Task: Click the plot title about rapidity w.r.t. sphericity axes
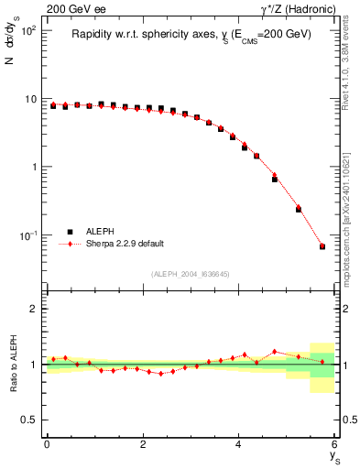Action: click(191, 34)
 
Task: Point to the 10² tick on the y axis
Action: click(28, 30)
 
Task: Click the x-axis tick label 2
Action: click(143, 444)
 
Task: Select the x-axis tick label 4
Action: click(239, 444)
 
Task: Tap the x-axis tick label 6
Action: click(334, 444)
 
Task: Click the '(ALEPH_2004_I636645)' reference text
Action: click(191, 272)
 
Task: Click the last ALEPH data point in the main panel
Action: click(322, 246)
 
